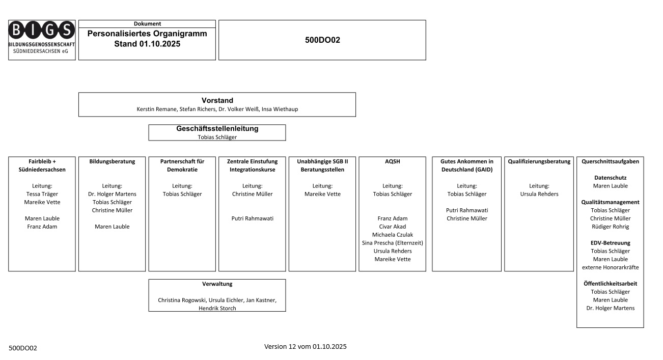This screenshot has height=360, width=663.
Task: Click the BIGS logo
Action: (x=42, y=40)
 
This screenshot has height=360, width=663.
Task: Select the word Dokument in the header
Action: (x=147, y=24)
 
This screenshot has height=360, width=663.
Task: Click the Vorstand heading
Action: (x=217, y=100)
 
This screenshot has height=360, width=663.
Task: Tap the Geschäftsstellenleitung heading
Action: (x=217, y=129)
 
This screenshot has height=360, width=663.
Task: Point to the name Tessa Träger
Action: (x=42, y=194)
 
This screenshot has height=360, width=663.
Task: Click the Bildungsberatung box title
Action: (x=112, y=161)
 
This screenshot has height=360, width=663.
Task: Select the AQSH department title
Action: (x=392, y=161)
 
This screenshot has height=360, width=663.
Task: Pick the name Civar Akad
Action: (x=392, y=227)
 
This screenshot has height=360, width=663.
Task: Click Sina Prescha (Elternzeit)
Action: (x=392, y=243)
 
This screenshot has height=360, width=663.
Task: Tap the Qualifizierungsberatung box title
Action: (x=539, y=161)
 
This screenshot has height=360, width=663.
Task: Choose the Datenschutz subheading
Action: (x=610, y=178)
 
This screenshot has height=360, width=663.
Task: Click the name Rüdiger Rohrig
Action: (x=610, y=227)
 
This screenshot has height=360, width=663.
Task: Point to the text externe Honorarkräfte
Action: (x=610, y=267)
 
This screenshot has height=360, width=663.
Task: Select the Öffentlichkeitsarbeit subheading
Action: (x=610, y=284)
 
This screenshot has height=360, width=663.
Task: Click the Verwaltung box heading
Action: (x=217, y=284)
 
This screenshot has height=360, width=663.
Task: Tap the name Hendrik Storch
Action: (x=217, y=308)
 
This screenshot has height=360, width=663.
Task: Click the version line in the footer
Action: (x=305, y=347)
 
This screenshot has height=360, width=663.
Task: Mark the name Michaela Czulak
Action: (x=392, y=235)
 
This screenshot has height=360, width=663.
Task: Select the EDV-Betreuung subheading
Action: (x=610, y=243)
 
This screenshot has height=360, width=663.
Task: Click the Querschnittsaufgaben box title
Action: (x=610, y=161)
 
